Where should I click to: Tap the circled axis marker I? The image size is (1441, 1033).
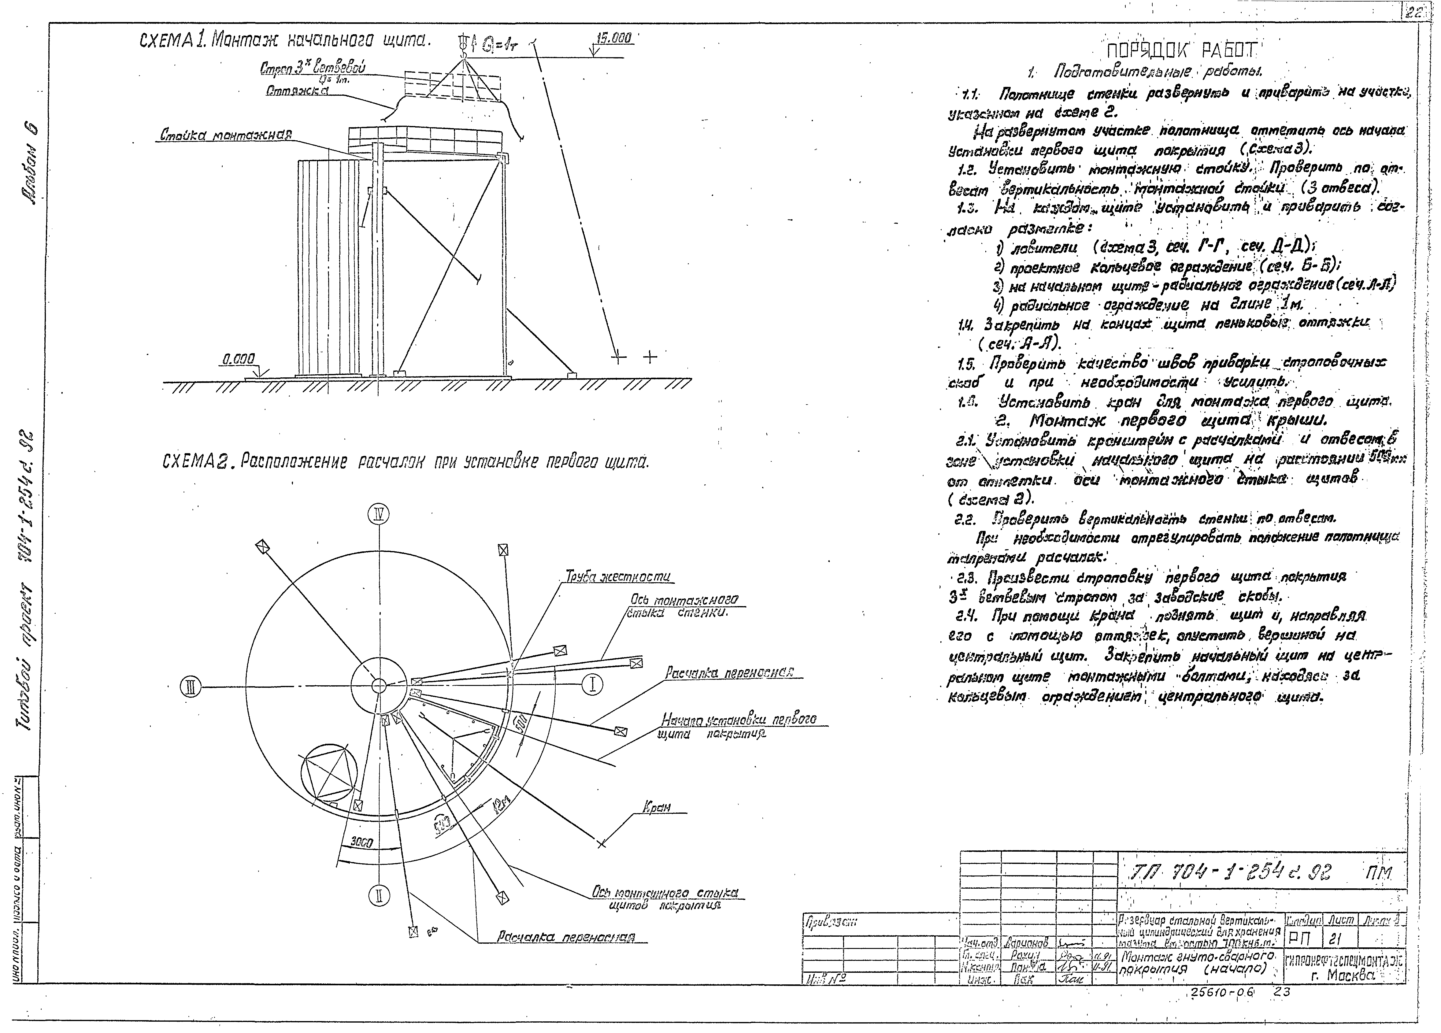click(592, 684)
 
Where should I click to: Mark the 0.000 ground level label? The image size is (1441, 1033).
click(238, 360)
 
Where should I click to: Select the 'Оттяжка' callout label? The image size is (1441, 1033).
click(297, 91)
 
